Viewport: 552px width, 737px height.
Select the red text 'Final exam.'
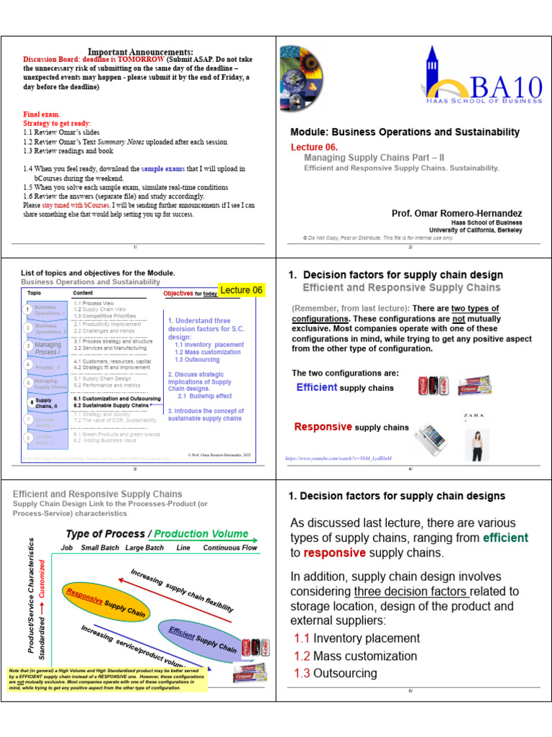(42, 114)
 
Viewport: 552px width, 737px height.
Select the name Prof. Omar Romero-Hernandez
(456, 214)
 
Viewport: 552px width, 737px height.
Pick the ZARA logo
(472, 416)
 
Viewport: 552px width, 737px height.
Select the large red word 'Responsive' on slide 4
(323, 427)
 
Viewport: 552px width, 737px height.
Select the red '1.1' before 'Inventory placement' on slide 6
(302, 638)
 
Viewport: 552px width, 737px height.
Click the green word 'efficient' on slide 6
(505, 538)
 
